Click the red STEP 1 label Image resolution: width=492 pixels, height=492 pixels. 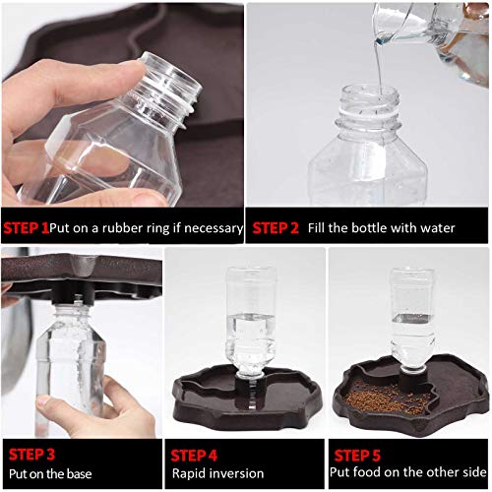click(x=26, y=227)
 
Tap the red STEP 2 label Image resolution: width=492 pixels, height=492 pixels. click(x=276, y=227)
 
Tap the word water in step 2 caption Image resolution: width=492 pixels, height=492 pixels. click(x=435, y=227)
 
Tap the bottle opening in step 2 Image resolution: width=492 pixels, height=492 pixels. click(x=368, y=94)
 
